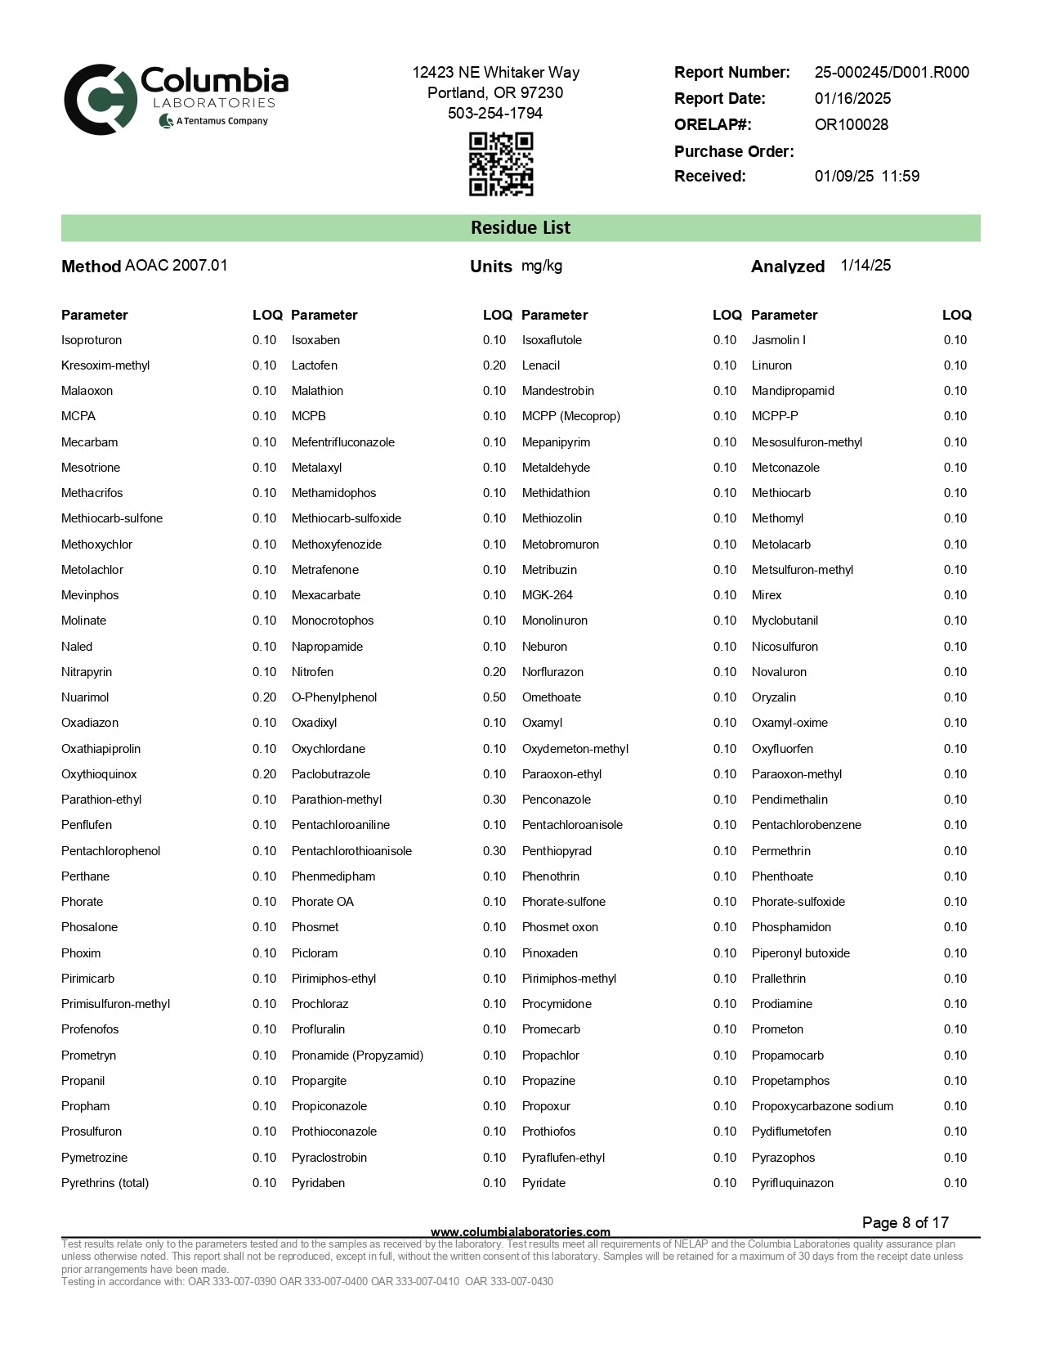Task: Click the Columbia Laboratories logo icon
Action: pos(100,100)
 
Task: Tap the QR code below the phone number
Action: pos(500,164)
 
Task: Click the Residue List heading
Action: pos(521,228)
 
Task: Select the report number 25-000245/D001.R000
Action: pos(892,72)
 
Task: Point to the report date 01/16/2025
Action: pos(852,98)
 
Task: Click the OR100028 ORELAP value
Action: pos(851,124)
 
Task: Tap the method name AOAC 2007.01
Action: pos(176,266)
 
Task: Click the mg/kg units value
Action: pos(542,266)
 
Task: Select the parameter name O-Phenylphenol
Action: pos(334,697)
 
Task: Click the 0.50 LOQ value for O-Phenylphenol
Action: pos(494,697)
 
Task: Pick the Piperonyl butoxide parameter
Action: pos(800,953)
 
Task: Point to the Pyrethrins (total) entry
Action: pos(105,1183)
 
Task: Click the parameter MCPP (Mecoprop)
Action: pos(570,416)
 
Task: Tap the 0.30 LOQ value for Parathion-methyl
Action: pos(494,800)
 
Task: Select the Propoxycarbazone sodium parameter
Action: pos(822,1106)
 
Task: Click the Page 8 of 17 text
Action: pos(905,1222)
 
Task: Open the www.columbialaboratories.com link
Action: pos(520,1232)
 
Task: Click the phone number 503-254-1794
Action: pos(495,113)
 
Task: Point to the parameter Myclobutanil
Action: pos(785,621)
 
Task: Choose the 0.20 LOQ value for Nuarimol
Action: pos(264,697)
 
